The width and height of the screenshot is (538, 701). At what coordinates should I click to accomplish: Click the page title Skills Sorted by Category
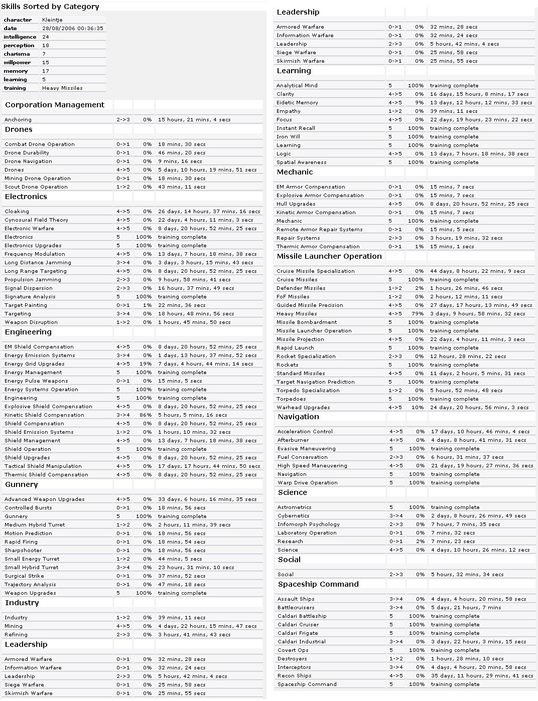click(x=50, y=7)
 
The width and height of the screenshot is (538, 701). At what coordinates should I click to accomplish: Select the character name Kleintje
click(x=53, y=20)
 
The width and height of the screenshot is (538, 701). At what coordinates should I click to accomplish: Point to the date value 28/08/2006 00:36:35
click(x=73, y=29)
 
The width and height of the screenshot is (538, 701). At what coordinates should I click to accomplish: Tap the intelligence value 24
click(x=46, y=37)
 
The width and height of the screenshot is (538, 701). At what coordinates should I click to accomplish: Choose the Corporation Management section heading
click(x=55, y=105)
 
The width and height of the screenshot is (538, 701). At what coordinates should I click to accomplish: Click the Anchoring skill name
click(x=18, y=120)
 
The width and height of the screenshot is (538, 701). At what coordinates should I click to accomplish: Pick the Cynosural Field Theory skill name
click(x=36, y=220)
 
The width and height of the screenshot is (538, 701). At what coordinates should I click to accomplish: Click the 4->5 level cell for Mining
click(x=123, y=626)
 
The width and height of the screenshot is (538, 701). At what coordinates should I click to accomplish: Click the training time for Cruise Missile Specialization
click(x=477, y=271)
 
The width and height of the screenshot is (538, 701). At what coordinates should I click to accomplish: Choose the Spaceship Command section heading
click(x=318, y=584)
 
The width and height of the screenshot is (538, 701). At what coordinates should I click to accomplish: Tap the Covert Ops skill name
click(x=293, y=650)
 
